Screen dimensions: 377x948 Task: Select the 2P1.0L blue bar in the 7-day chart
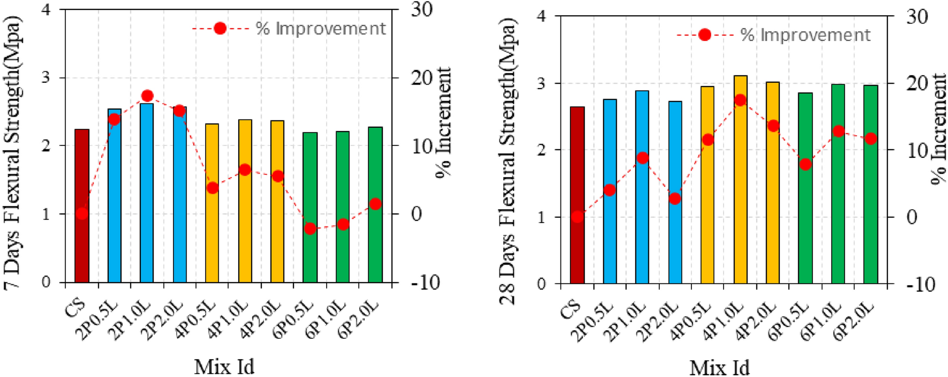coord(147,198)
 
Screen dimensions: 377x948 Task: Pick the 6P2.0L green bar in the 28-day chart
coord(870,189)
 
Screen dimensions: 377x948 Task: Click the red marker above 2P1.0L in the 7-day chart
coord(147,96)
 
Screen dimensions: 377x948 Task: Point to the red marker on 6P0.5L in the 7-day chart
coord(310,229)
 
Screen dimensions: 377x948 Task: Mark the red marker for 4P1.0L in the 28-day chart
coord(740,100)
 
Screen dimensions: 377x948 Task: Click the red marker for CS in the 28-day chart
coord(577,217)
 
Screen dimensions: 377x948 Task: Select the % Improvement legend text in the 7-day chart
coord(321,29)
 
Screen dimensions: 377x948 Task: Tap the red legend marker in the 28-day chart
coord(704,35)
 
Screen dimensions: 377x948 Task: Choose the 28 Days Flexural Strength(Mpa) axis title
coord(509,161)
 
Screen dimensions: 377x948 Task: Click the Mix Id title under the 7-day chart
coord(224,366)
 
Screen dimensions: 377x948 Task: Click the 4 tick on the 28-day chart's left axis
coord(542,17)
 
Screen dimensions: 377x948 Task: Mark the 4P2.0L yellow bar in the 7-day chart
coord(277,203)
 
